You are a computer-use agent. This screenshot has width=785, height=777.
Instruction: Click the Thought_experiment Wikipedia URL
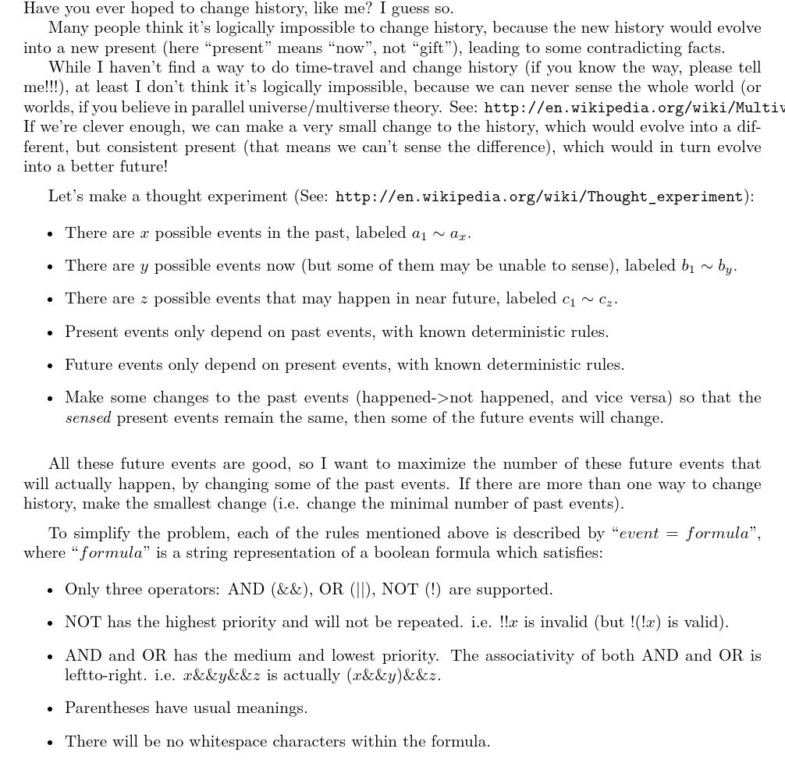(x=539, y=197)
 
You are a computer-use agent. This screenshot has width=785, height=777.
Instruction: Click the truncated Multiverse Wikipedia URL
(x=634, y=107)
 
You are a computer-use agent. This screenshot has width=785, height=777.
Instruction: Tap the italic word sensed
(x=88, y=417)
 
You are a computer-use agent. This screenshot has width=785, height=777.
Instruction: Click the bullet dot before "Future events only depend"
(x=50, y=365)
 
